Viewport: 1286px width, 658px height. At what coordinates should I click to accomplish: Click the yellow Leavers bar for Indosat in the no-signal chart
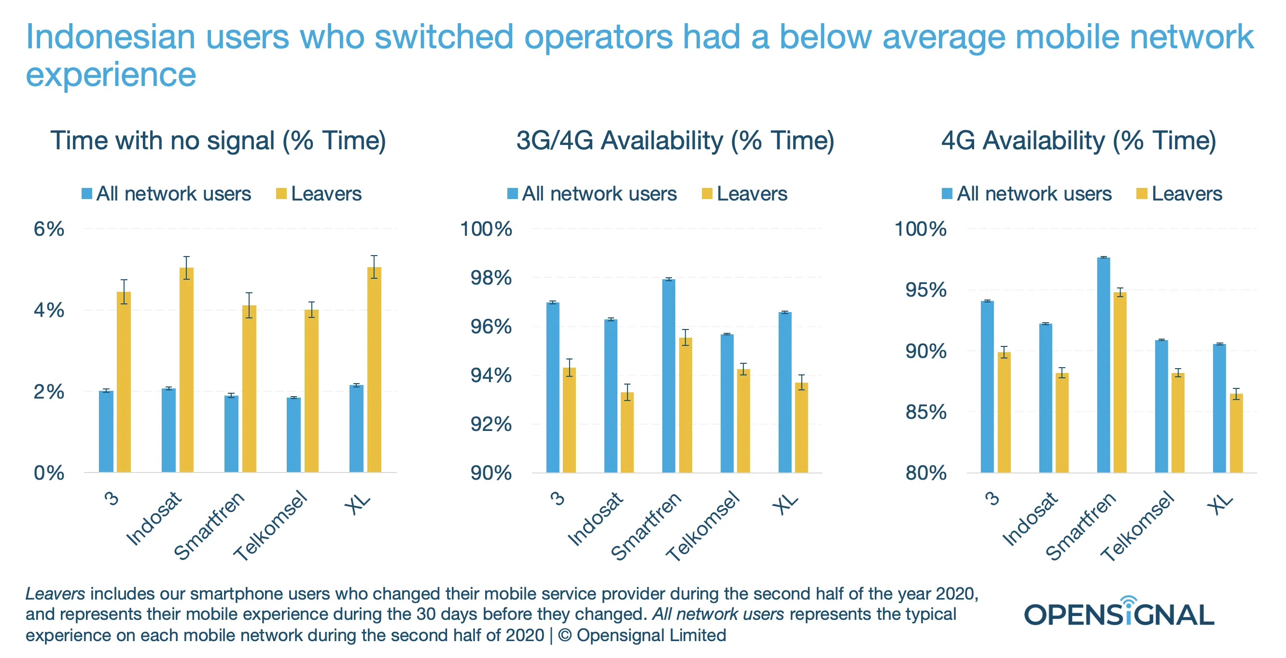coord(186,370)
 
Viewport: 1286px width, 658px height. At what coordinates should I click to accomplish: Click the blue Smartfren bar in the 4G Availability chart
coord(1103,365)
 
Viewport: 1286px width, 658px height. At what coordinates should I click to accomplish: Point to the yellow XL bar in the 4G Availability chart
coord(1236,433)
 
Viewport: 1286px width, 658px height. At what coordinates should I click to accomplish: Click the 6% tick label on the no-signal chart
coord(48,229)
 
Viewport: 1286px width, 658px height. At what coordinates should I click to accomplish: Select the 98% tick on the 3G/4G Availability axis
coord(491,278)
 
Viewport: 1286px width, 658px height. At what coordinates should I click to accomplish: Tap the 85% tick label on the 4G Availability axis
coord(925,412)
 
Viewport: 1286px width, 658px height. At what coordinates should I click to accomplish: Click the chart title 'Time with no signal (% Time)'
coord(218,141)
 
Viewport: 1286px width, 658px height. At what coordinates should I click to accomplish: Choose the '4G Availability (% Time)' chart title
coord(1078,141)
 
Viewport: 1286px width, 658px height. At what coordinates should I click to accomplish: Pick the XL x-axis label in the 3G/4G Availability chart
coord(785,503)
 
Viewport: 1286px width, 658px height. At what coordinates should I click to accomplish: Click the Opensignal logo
coord(1119,613)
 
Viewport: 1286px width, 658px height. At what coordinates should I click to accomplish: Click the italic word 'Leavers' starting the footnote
coord(55,594)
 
